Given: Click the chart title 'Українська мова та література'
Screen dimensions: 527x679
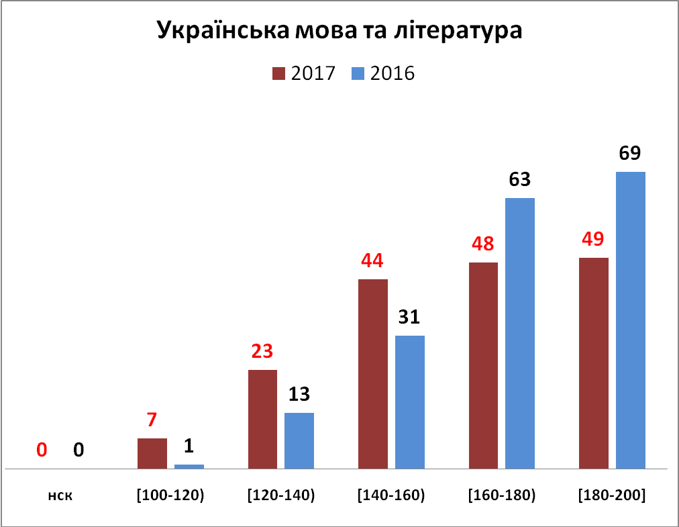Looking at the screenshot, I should tap(339, 32).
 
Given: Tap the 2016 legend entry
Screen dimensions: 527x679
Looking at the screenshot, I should tap(383, 73).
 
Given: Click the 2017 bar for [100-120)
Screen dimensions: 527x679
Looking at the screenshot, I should tap(152, 453).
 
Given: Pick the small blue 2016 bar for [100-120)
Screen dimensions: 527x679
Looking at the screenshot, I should tap(189, 465).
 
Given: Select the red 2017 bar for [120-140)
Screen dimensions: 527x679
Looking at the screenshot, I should tap(262, 418).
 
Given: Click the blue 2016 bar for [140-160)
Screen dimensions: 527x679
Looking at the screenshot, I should tap(410, 401).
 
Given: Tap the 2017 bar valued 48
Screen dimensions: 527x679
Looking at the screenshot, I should tap(483, 365).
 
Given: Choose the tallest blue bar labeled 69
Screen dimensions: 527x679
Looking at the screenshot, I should tap(631, 320).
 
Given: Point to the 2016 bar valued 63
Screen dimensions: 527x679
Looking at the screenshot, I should tap(520, 333).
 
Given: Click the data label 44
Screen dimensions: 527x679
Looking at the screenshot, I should tap(373, 260).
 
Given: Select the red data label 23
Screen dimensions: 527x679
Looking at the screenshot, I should tap(262, 351).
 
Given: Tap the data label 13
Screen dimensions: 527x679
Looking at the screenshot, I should tap(299, 394).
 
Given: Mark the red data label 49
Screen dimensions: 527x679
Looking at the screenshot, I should tap(593, 239).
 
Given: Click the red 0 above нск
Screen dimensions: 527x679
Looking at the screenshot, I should tap(42, 450).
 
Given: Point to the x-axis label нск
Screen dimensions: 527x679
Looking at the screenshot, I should tap(60, 496).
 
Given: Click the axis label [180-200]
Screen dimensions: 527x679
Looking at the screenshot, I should tap(612, 496).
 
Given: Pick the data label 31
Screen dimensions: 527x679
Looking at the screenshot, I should tap(410, 317).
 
